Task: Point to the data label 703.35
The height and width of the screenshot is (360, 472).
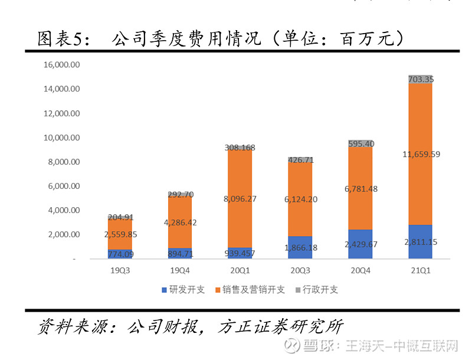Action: (420, 79)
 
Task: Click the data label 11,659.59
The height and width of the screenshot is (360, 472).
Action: (420, 155)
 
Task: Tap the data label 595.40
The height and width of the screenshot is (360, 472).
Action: (360, 143)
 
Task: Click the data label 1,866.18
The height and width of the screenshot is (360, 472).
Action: (300, 248)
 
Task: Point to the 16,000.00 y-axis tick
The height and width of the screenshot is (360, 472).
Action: (62, 64)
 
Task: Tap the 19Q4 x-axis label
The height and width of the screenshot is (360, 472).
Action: (180, 271)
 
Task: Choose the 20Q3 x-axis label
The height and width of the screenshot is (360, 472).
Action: (300, 271)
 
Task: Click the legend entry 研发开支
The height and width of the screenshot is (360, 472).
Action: (183, 290)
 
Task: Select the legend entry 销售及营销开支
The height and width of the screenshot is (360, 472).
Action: (250, 290)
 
